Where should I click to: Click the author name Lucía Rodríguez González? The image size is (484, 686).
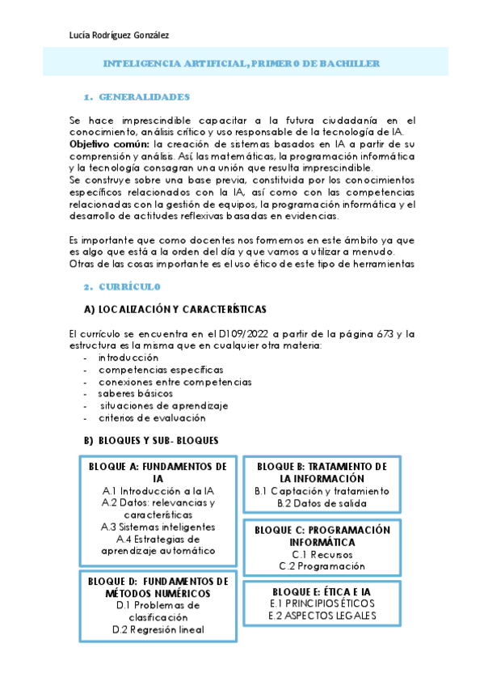pos(120,35)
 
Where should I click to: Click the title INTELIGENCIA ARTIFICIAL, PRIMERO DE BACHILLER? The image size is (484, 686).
pos(242,63)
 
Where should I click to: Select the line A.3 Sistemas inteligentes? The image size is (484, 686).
pos(158,527)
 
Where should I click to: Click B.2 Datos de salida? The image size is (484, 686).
pos(322,503)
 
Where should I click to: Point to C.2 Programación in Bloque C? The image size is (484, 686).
pos(322,566)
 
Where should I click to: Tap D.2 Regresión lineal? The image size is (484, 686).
pos(158,629)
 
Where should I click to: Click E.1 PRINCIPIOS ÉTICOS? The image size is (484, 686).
pos(322,603)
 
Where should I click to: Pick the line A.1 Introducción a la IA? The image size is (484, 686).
pos(158,490)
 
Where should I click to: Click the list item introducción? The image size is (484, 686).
pos(128,357)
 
